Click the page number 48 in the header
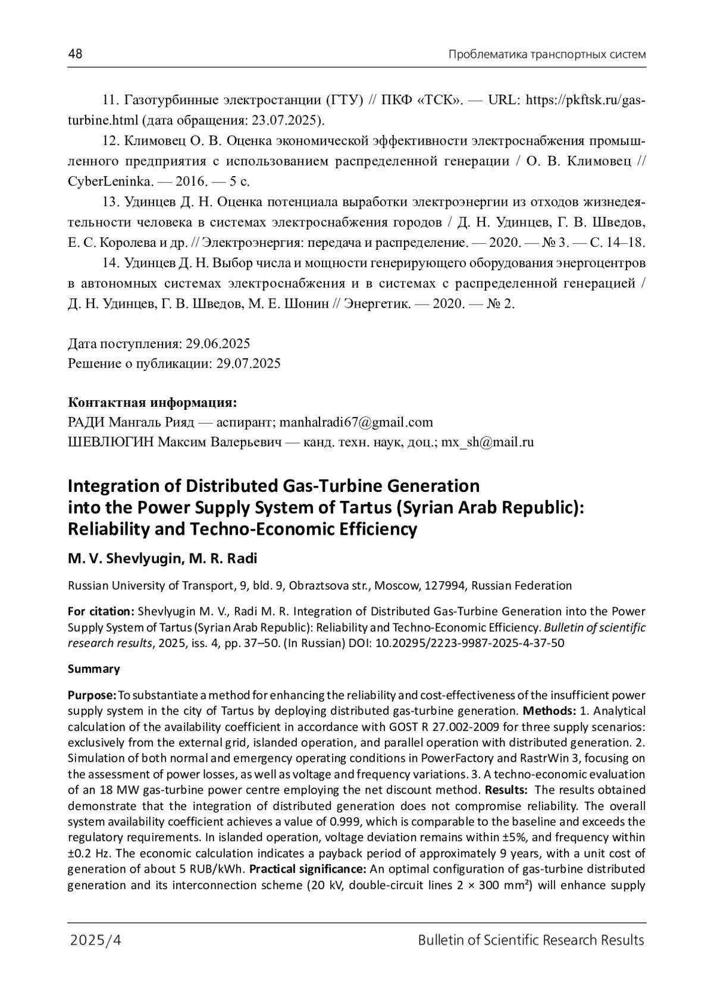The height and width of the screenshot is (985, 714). [x=75, y=54]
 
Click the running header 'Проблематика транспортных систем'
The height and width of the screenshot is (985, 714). [x=547, y=55]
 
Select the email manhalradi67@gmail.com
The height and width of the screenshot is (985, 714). [x=356, y=422]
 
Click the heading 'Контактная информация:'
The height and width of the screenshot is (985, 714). [x=152, y=403]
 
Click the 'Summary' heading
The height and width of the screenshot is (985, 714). [x=94, y=669]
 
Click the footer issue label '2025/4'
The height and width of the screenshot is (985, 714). [x=96, y=940]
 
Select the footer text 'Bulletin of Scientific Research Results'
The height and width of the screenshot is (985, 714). [x=531, y=940]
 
